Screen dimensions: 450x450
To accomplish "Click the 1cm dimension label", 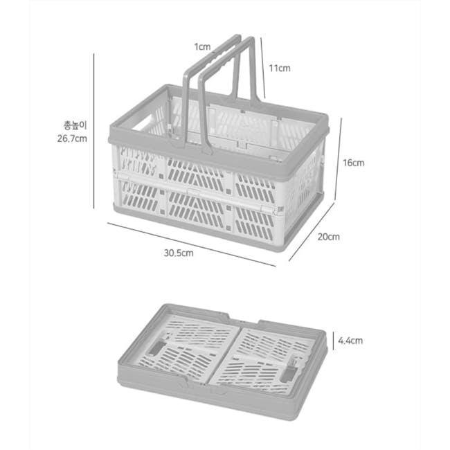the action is coord(202,47).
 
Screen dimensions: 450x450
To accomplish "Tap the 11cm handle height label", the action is coord(279,69).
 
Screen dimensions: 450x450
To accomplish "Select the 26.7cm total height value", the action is coord(72,138).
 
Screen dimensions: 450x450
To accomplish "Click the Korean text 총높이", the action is coord(75,125).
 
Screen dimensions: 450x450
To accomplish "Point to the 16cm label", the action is coord(354,163).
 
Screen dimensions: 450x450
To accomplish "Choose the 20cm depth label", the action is coord(328,237).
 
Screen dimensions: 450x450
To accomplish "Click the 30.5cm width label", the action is coord(179,253).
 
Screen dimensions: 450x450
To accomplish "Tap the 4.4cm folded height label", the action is coord(350,341).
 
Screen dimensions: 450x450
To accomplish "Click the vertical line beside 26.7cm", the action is coord(94,131).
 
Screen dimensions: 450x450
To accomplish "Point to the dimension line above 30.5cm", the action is coord(191,244).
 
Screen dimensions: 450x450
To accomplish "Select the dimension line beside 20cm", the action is coord(312,232).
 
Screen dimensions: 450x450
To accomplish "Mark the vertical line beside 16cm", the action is coord(339,159).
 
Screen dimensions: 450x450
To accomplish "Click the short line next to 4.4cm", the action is coord(333,341).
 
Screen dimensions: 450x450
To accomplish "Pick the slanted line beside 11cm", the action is coord(263,68).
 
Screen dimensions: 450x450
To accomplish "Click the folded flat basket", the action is coord(223,362).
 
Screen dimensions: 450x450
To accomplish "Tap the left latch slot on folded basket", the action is coord(156,348).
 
